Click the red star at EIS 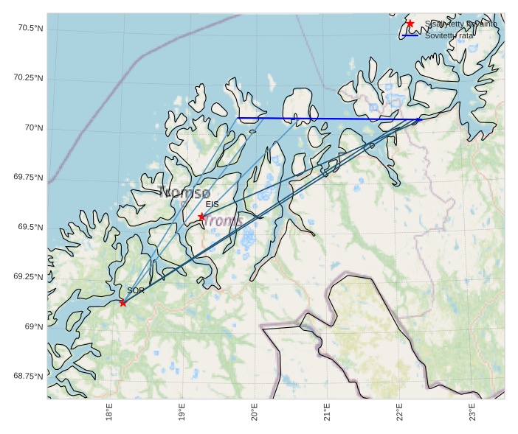click(x=201, y=217)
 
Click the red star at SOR click(x=122, y=303)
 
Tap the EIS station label click(x=212, y=204)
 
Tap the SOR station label click(x=135, y=291)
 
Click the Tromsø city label click(x=184, y=194)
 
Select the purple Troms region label click(x=224, y=220)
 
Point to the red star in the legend click(x=410, y=24)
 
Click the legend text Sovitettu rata click(x=449, y=35)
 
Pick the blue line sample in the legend click(x=410, y=35)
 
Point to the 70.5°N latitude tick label click(x=28, y=29)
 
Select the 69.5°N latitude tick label click(x=28, y=227)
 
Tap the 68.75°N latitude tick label click(x=26, y=376)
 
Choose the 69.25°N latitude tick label click(x=26, y=276)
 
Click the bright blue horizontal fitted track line click(x=332, y=119)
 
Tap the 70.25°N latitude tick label click(x=26, y=78)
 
